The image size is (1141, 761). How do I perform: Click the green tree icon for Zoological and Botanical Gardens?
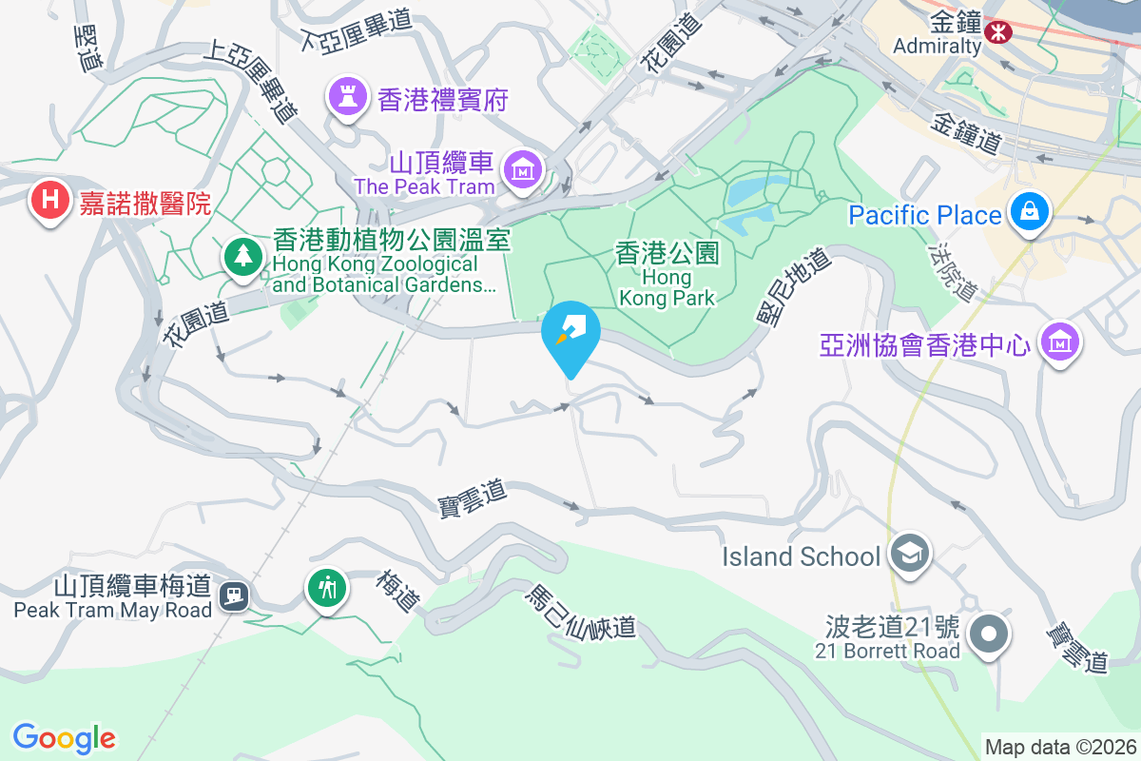(x=244, y=256)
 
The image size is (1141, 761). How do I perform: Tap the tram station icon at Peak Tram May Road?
(x=233, y=596)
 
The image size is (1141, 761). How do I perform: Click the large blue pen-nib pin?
(x=570, y=333)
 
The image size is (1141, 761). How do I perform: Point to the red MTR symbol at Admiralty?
(x=998, y=32)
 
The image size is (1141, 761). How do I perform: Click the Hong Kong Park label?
(x=667, y=276)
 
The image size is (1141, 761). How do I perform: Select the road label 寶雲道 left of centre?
(x=472, y=495)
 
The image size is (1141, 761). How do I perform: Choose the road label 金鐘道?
(x=966, y=134)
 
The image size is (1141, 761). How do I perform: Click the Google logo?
(x=65, y=738)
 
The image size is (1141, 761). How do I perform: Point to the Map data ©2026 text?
(x=1059, y=747)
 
